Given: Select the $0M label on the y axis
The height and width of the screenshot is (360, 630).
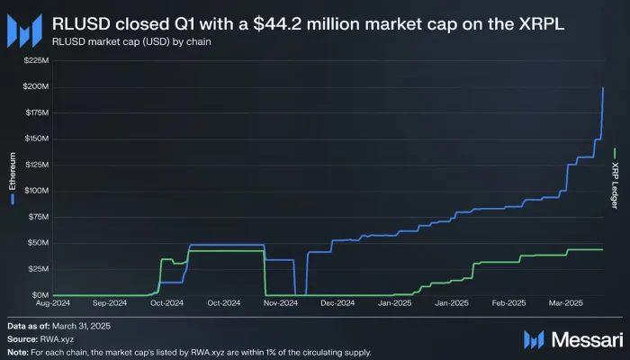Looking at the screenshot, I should tap(40, 295).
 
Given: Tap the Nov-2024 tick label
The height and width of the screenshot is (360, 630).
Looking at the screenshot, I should tap(282, 304).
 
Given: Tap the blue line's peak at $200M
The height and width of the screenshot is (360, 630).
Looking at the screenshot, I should tap(602, 87).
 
